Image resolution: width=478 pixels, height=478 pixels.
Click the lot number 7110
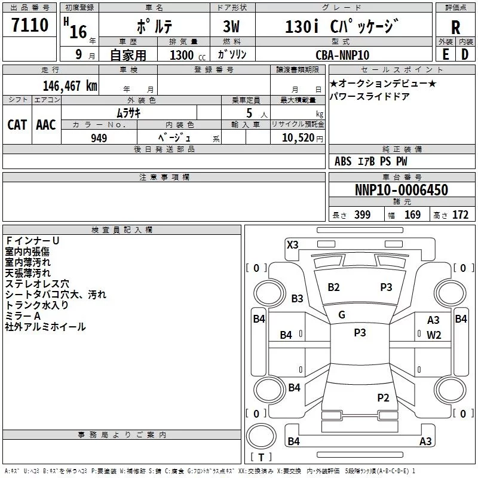pyautogui.click(x=30, y=25)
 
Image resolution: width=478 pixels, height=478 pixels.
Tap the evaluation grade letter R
pyautogui.click(x=455, y=27)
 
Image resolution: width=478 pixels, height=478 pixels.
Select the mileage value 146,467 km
pyautogui.click(x=71, y=85)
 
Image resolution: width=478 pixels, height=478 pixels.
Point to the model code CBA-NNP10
pyautogui.click(x=342, y=55)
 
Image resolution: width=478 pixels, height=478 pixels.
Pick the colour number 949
pyautogui.click(x=99, y=138)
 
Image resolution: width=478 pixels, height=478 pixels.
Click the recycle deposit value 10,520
pyautogui.click(x=296, y=138)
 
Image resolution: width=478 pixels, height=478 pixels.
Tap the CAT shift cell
pyautogui.click(x=17, y=124)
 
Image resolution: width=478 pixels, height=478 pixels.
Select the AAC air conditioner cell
pyautogui.click(x=46, y=124)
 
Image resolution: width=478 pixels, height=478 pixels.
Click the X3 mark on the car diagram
pyautogui.click(x=293, y=244)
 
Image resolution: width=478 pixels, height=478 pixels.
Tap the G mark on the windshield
pyautogui.click(x=342, y=315)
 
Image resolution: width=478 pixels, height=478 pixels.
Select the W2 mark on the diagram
pyautogui.click(x=434, y=335)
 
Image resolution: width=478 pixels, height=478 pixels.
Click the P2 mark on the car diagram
pyautogui.click(x=383, y=397)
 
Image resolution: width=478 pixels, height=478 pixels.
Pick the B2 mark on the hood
pyautogui.click(x=333, y=287)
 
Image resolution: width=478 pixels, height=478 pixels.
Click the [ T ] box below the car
pyautogui.click(x=261, y=458)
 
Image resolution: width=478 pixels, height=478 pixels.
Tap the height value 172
pyautogui.click(x=460, y=215)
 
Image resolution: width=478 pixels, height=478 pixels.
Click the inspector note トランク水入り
pyautogui.click(x=36, y=305)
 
